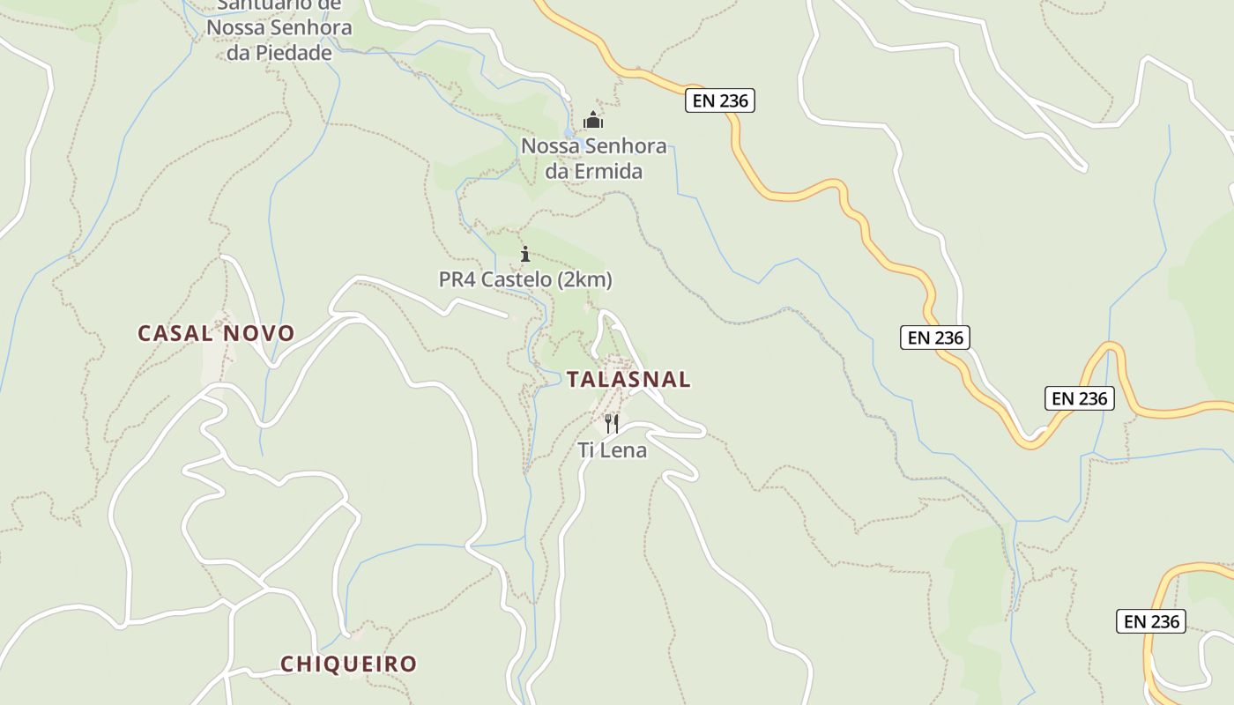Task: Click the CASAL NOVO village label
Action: pyautogui.click(x=216, y=333)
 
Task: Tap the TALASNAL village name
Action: pyautogui.click(x=628, y=379)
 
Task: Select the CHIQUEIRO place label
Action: pyautogui.click(x=348, y=664)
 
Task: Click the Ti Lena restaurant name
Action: pyautogui.click(x=612, y=450)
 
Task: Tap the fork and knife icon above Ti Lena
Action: pyautogui.click(x=612, y=424)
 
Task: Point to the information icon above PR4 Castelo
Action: pyautogui.click(x=525, y=255)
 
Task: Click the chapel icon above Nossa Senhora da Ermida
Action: pyautogui.click(x=593, y=120)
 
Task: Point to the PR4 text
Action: pyautogui.click(x=457, y=280)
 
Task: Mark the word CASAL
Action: pyautogui.click(x=175, y=333)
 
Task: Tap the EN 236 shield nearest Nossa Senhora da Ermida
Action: pyautogui.click(x=719, y=100)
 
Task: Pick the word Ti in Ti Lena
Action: pyautogui.click(x=586, y=450)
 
